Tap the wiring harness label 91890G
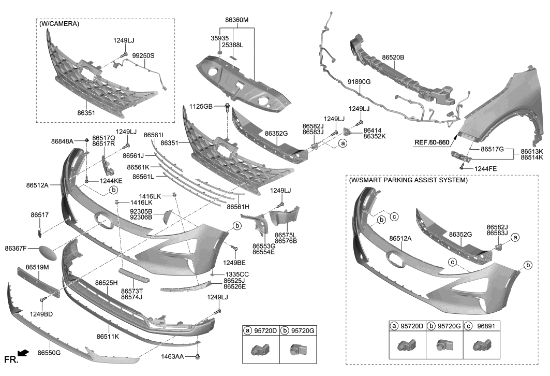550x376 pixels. coord(359,81)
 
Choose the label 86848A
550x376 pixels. coord(63,141)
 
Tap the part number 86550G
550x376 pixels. coord(49,353)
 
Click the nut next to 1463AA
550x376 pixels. coord(198,357)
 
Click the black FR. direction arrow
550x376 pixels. coord(24,353)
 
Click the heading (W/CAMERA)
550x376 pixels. coord(58,24)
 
